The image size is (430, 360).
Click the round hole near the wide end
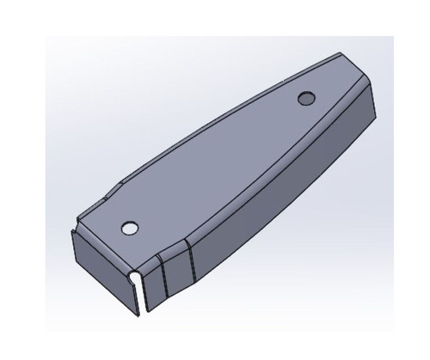[129, 229]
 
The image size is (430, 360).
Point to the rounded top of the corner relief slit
[141, 276]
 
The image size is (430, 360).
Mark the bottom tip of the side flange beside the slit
[146, 308]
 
